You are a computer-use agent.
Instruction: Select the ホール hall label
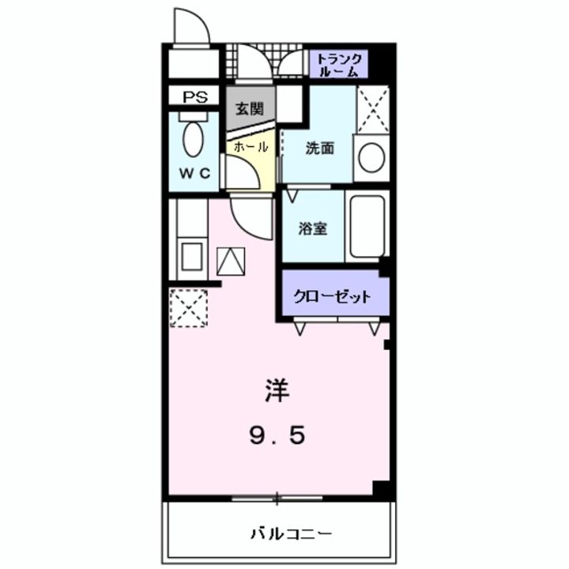tap(251, 147)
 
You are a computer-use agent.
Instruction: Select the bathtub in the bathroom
tap(367, 226)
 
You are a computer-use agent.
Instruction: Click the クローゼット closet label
tap(333, 297)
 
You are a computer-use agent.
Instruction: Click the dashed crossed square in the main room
tap(189, 307)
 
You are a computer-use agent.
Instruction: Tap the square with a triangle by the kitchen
tap(231, 261)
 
